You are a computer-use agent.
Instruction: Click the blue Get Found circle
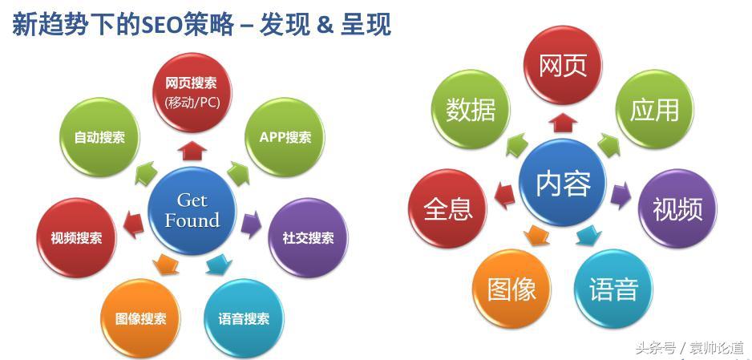192,211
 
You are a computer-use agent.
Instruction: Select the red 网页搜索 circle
192,92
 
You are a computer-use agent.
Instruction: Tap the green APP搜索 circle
285,138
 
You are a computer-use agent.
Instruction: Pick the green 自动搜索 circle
99,138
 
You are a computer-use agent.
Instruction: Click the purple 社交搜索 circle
309,238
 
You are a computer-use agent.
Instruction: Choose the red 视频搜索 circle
77,238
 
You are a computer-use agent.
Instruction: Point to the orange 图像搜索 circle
141,319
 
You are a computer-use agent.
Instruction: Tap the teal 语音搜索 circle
244,319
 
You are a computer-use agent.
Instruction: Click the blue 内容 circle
563,183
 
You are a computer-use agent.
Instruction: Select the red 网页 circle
563,65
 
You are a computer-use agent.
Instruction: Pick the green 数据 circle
471,109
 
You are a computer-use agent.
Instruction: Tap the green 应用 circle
655,109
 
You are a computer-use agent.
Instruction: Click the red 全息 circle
448,208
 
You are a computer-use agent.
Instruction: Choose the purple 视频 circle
677,208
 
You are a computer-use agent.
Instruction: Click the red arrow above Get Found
192,151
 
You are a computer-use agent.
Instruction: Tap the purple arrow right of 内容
621,196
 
